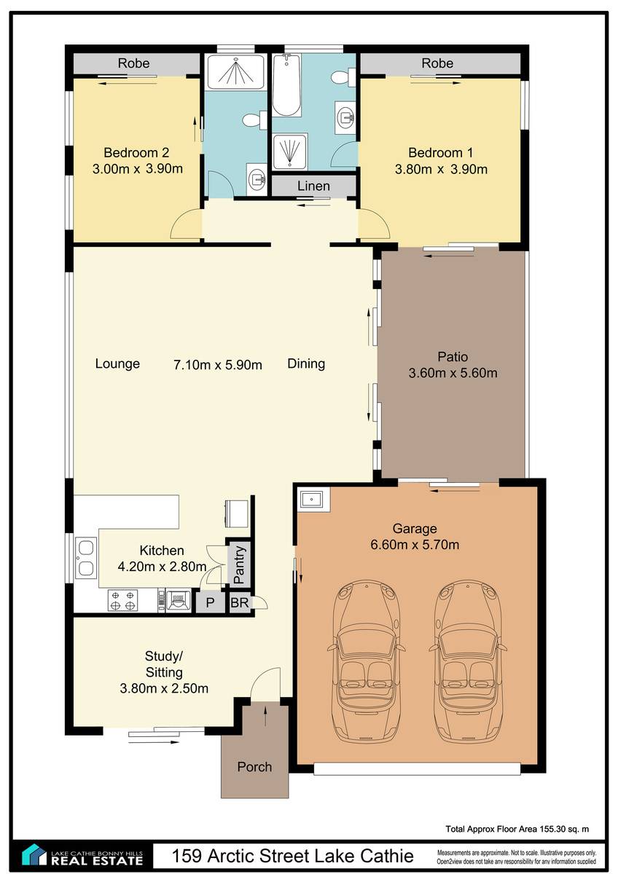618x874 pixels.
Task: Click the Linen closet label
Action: pyautogui.click(x=313, y=186)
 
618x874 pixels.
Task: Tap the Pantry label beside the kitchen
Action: pyautogui.click(x=239, y=564)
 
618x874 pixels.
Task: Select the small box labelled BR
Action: pyautogui.click(x=239, y=603)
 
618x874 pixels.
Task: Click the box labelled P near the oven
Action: pyautogui.click(x=210, y=603)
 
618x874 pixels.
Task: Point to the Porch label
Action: pyautogui.click(x=254, y=767)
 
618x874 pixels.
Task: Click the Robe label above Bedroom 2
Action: pyautogui.click(x=133, y=63)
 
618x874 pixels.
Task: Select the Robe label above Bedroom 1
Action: pyautogui.click(x=437, y=63)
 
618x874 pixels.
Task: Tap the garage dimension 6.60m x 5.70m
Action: pyautogui.click(x=415, y=544)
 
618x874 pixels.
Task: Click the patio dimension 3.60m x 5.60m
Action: pyautogui.click(x=453, y=373)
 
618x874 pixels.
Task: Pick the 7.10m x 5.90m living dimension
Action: pyautogui.click(x=218, y=365)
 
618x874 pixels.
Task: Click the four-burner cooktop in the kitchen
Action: pyautogui.click(x=122, y=600)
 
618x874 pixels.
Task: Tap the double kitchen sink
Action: pyautogui.click(x=86, y=559)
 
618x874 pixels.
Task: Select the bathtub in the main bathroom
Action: pyautogui.click(x=286, y=85)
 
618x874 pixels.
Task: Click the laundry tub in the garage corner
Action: pyautogui.click(x=310, y=499)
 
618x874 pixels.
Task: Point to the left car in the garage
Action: pyautogui.click(x=364, y=661)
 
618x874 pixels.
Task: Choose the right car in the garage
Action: pyautogui.click(x=467, y=661)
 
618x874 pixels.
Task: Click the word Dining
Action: pyautogui.click(x=306, y=363)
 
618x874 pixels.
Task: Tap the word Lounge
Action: pyautogui.click(x=117, y=363)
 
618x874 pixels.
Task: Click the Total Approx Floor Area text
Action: pyautogui.click(x=517, y=830)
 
